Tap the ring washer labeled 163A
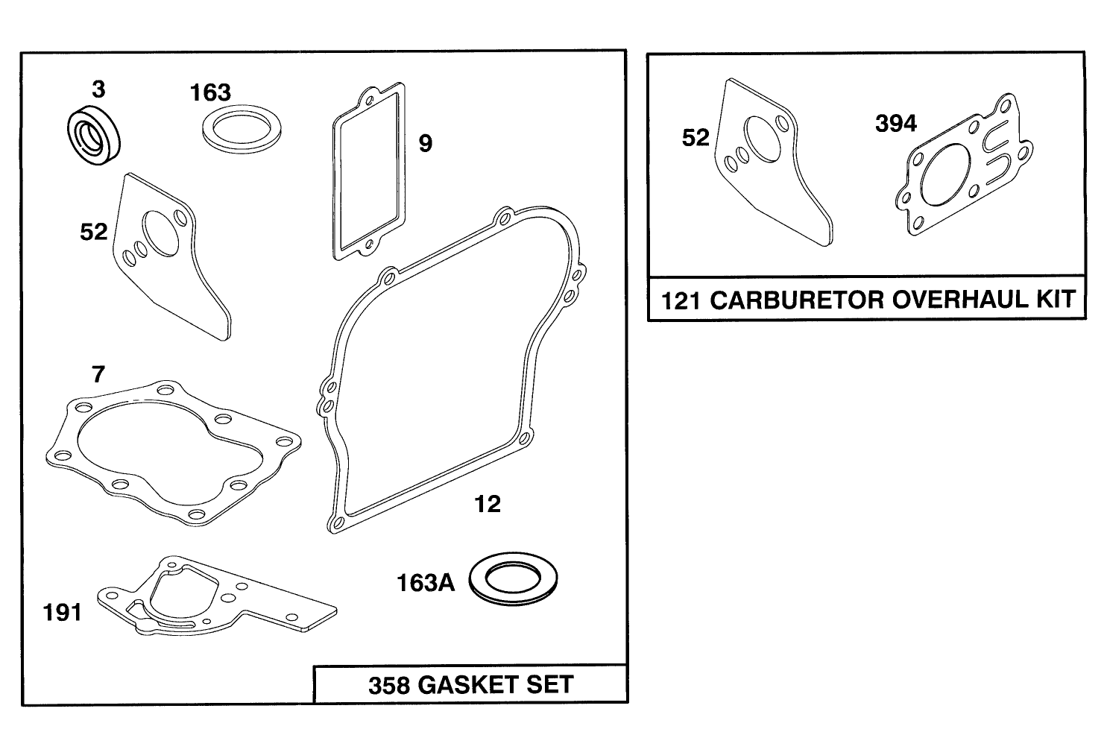pyautogui.click(x=513, y=578)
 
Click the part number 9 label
pyautogui.click(x=425, y=143)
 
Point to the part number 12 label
pyautogui.click(x=488, y=505)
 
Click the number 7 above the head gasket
pyautogui.click(x=98, y=374)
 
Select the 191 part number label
pyautogui.click(x=63, y=613)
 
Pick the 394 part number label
pyautogui.click(x=895, y=124)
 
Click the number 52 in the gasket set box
pyautogui.click(x=94, y=233)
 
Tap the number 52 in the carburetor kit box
pyautogui.click(x=696, y=138)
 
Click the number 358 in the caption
pyautogui.click(x=389, y=685)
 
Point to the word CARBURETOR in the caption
pyautogui.click(x=797, y=300)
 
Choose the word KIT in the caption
pyautogui.click(x=1054, y=300)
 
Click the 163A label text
pyautogui.click(x=425, y=583)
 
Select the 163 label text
pyautogui.click(x=210, y=93)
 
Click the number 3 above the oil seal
pyautogui.click(x=98, y=90)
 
